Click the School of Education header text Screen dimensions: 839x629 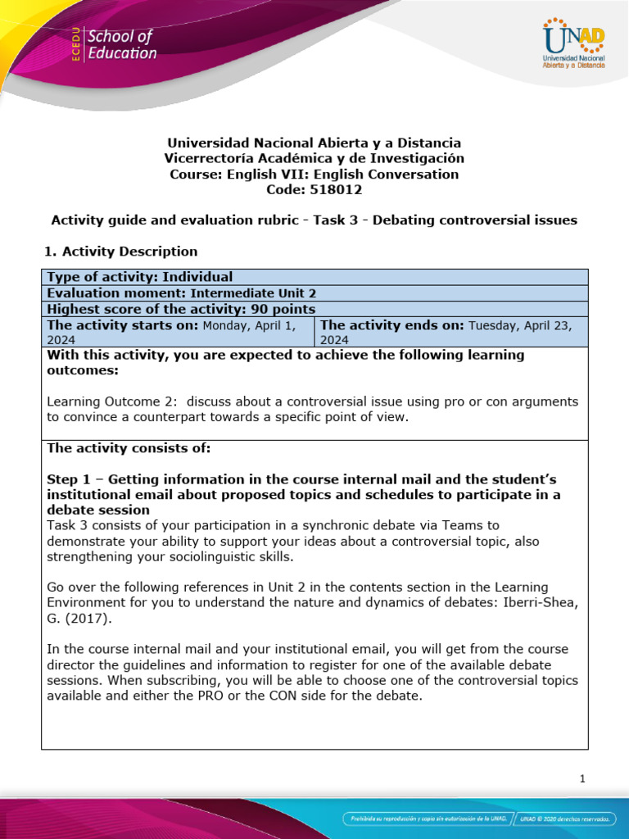(x=121, y=45)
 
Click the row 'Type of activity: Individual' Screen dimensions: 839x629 (x=140, y=277)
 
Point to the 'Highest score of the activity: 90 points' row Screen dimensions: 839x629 (x=181, y=309)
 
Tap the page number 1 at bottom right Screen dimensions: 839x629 (x=582, y=779)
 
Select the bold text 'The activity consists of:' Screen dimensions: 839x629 (x=129, y=448)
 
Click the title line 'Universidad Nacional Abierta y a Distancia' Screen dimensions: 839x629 (x=314, y=143)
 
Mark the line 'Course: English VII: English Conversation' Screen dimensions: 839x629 (x=314, y=174)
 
